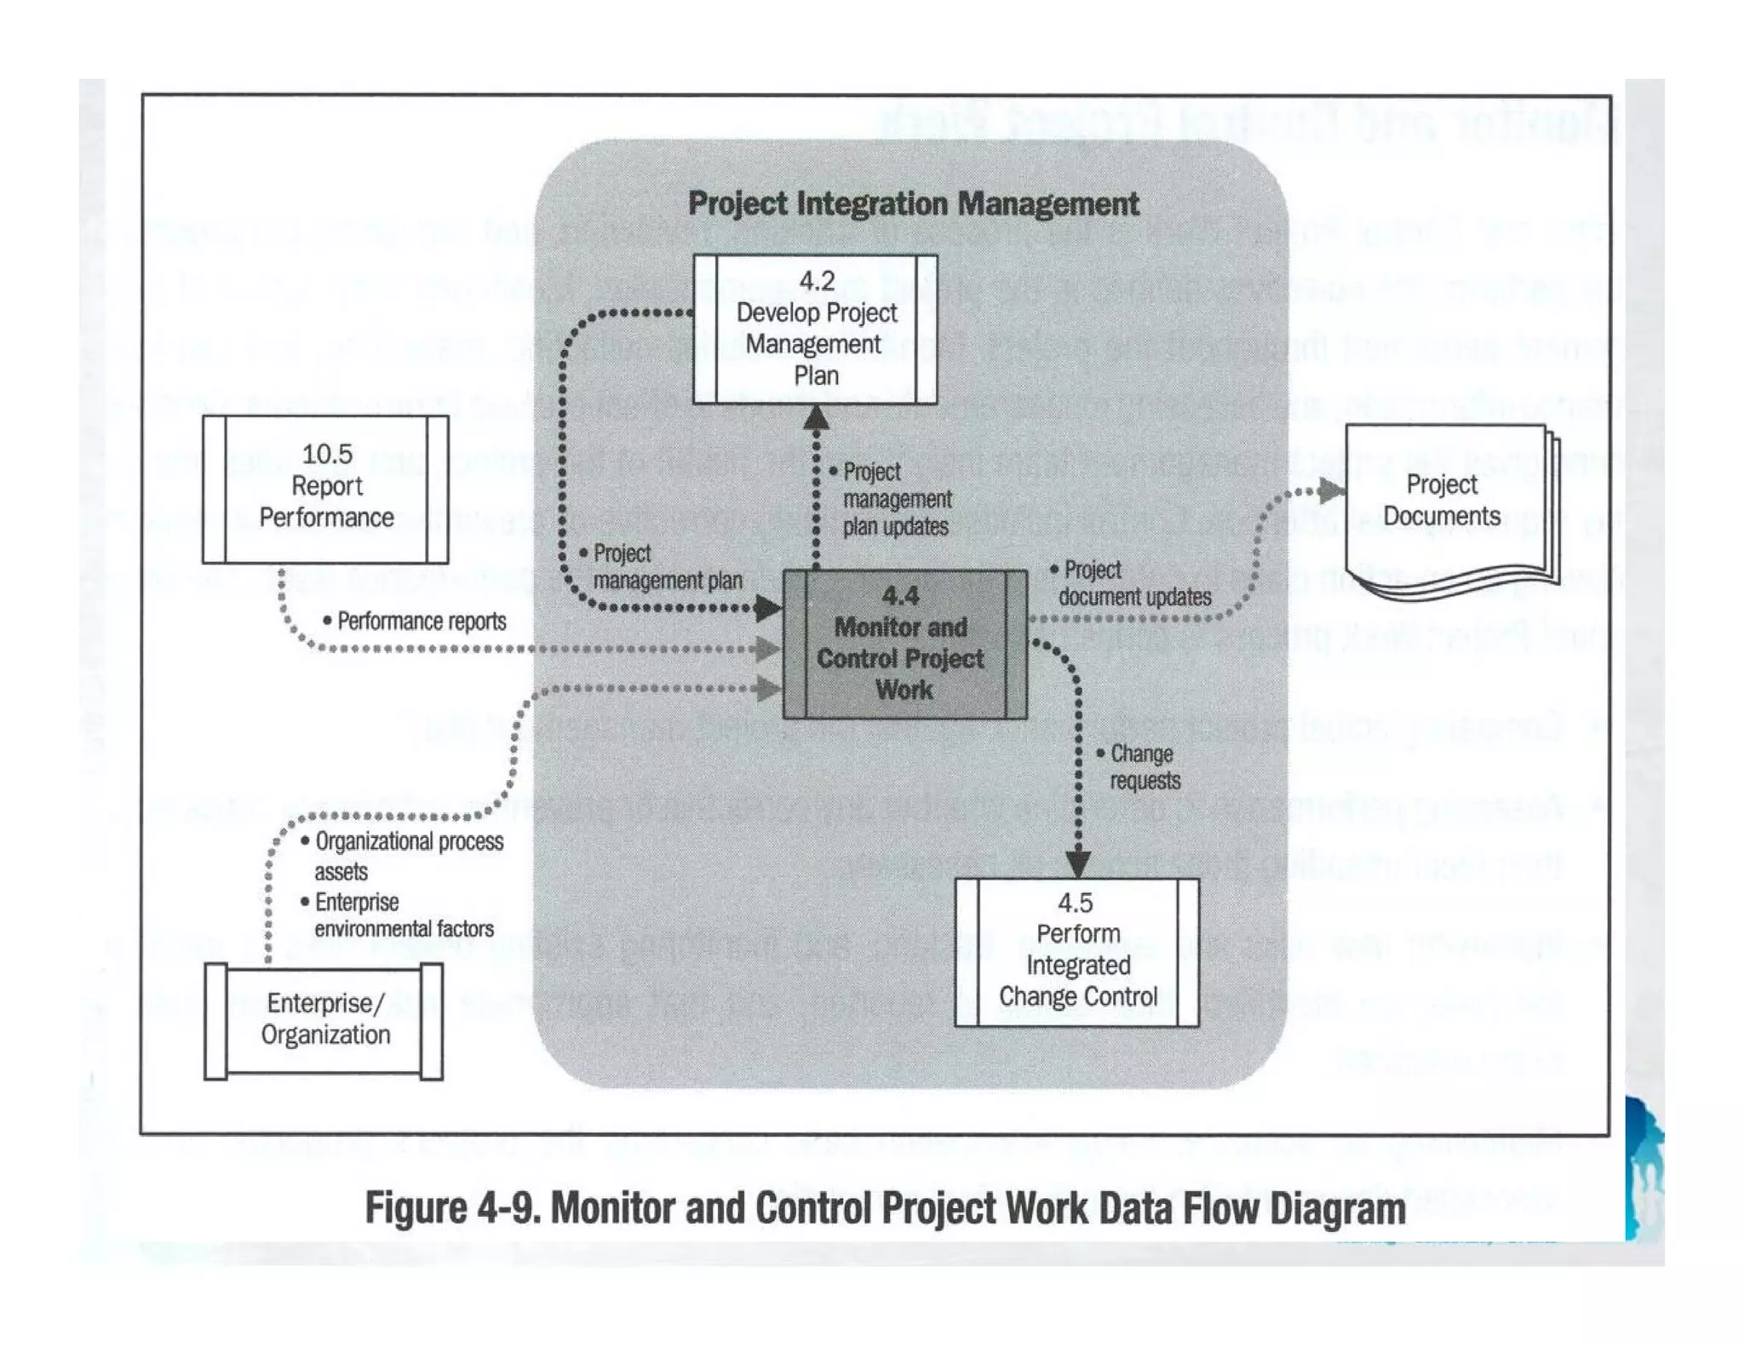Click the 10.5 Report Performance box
(325, 489)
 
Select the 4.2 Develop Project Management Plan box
(815, 329)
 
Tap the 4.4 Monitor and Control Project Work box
(904, 644)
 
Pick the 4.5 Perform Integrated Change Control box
(1076, 952)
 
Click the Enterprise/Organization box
(324, 1020)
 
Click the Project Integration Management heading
(913, 204)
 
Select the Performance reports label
(421, 622)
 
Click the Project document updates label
(1133, 583)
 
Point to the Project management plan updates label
(896, 499)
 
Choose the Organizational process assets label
(407, 856)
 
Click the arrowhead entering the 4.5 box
(1078, 864)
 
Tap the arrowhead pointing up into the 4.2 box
(816, 417)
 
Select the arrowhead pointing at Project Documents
(1331, 490)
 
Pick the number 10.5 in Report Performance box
(327, 454)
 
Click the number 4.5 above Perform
(1076, 903)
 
